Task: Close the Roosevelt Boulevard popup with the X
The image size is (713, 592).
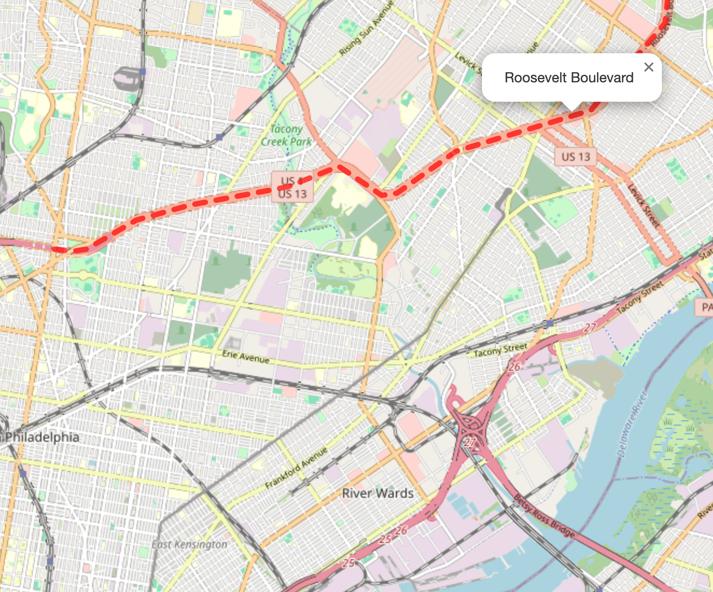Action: [648, 67]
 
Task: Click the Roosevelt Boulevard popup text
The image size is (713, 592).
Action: [569, 78]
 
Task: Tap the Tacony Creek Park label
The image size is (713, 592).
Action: [286, 135]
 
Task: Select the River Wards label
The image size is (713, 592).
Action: [378, 493]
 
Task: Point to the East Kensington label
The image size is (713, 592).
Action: [189, 544]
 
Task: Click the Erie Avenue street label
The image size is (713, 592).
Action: [246, 357]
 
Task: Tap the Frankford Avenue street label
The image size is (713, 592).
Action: [296, 468]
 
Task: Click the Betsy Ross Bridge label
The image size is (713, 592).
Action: [544, 516]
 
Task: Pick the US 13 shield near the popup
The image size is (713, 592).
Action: [576, 157]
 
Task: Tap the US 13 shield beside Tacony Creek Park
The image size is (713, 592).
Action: [292, 193]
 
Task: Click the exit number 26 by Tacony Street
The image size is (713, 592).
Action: [514, 367]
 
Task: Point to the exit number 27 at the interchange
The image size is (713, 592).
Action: [471, 442]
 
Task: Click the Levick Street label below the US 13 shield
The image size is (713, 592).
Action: [644, 205]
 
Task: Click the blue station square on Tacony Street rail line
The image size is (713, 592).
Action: [549, 323]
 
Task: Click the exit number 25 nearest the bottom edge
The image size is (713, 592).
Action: [349, 562]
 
